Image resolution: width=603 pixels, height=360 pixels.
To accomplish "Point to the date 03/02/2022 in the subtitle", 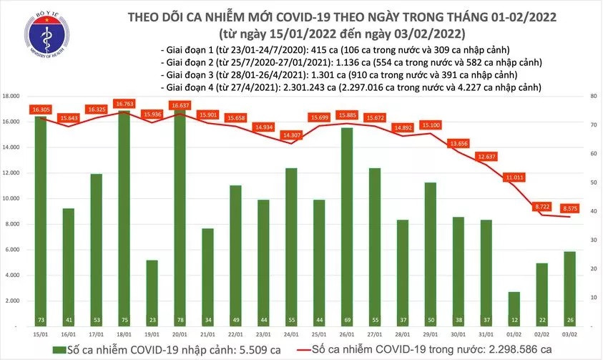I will tap(431, 33).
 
